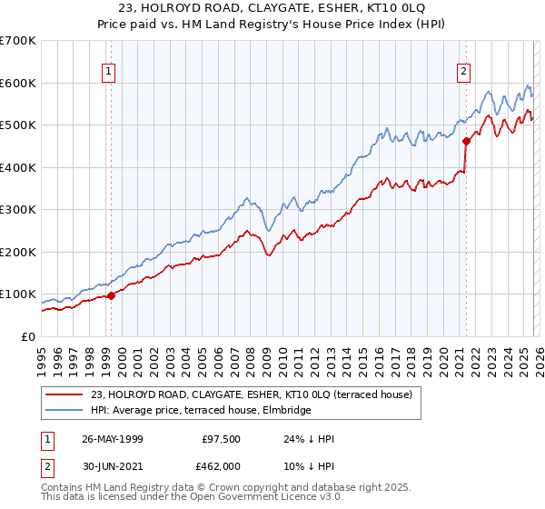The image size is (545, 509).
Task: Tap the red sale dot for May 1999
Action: (x=111, y=295)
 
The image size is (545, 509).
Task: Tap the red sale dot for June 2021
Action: (x=466, y=141)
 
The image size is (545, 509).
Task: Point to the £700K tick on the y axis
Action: (x=17, y=41)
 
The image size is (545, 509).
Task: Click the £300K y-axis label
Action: (x=17, y=210)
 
